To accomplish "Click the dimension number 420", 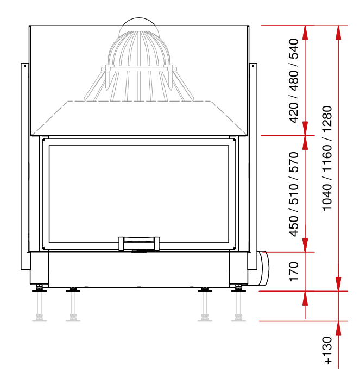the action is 293,112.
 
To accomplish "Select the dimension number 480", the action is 293,81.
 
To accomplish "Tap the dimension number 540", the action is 293,49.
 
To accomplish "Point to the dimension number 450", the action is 293,226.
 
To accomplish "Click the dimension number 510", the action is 293,194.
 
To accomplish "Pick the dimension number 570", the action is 293,162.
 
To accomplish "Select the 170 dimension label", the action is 293,271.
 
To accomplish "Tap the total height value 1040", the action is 327,197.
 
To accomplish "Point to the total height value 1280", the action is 327,119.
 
